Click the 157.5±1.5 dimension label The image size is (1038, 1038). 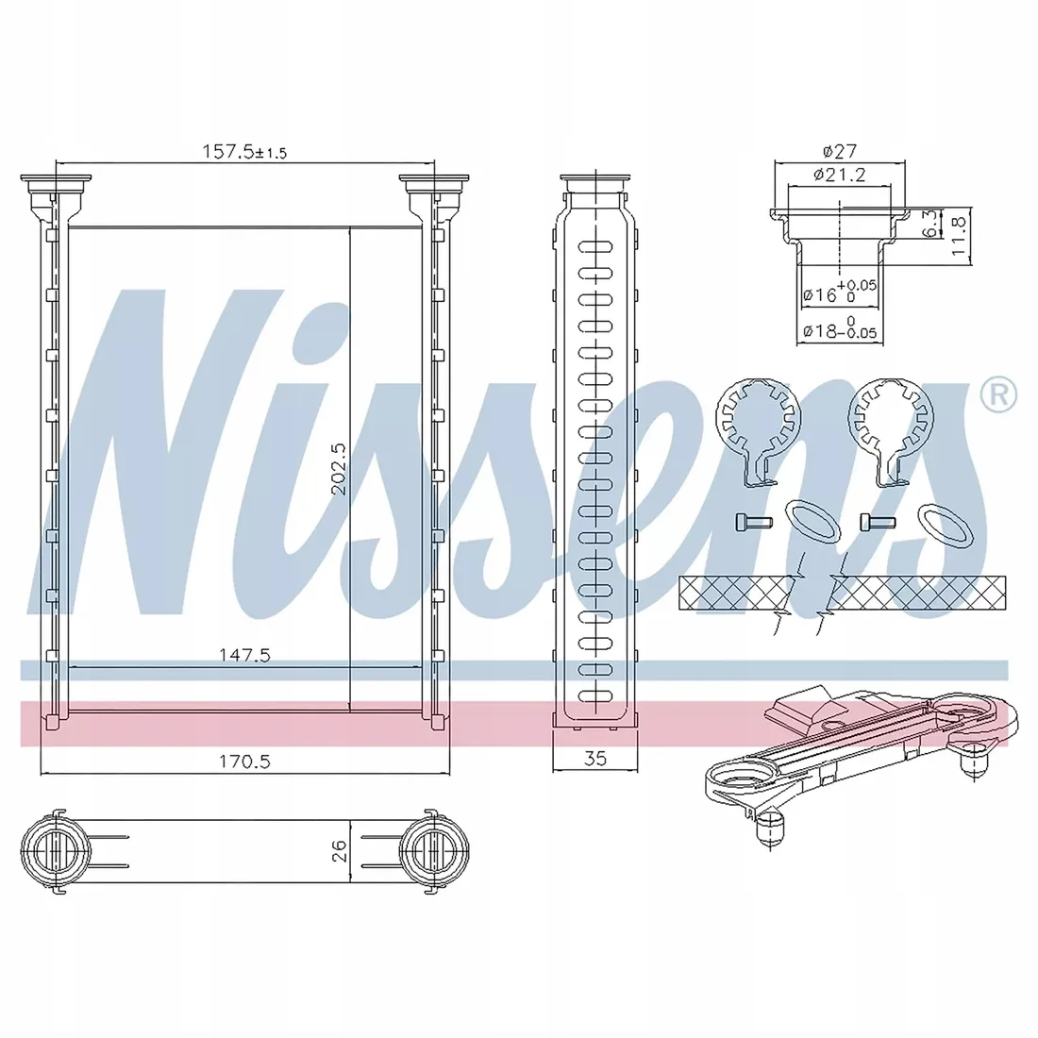(244, 152)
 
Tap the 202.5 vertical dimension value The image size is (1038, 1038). (338, 469)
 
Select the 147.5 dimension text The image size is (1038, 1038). (245, 655)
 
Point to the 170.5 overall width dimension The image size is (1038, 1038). (245, 762)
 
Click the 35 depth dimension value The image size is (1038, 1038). (595, 759)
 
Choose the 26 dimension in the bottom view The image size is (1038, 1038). (338, 850)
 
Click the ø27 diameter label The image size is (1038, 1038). (840, 152)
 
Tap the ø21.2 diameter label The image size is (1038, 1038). (840, 175)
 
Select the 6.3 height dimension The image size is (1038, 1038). (930, 223)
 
